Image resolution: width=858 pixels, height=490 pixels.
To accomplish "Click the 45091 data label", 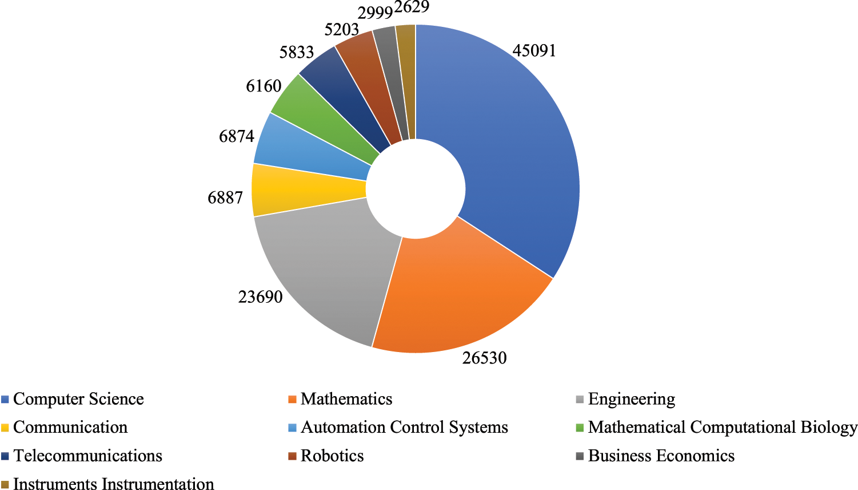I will coord(534,51).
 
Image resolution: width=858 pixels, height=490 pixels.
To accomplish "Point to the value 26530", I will coord(485,358).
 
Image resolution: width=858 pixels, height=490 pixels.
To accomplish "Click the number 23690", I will coord(260,297).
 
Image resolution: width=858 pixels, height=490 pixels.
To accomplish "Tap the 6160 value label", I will coord(264,86).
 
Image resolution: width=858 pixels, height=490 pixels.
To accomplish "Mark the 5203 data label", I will coord(341,29).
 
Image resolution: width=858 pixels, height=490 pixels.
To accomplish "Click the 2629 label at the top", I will coord(412,7).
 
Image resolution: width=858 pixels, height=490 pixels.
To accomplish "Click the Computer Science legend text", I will coord(78,399).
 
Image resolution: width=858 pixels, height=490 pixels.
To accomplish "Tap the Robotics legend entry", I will coord(332,456).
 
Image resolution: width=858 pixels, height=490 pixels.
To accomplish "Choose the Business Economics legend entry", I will coord(661,456).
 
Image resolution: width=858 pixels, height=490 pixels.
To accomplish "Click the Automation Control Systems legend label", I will coord(404,428).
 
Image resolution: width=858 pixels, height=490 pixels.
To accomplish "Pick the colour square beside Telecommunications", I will coord(5,457).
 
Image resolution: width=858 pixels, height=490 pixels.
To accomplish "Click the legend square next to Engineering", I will coord(580,400).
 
